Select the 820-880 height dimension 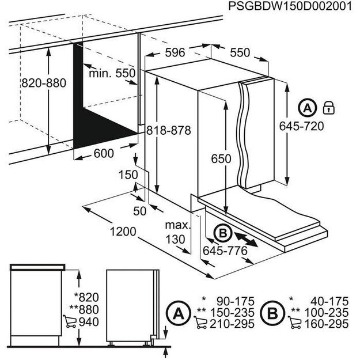click(x=44, y=82)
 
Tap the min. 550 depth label click(x=112, y=73)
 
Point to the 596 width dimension click(x=175, y=52)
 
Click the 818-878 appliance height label click(x=168, y=130)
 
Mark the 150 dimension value click(x=128, y=175)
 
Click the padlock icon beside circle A click(x=329, y=108)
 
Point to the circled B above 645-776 click(x=222, y=233)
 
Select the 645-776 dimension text click(x=225, y=251)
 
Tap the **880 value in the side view click(x=86, y=309)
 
